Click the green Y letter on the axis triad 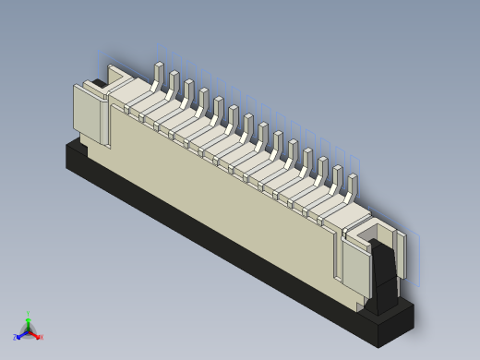tap(29, 313)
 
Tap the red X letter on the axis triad tap(41, 337)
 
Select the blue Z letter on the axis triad tap(16, 338)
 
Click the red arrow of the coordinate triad tap(35, 334)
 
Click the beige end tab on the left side tap(90, 115)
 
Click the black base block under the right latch tap(392, 318)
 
